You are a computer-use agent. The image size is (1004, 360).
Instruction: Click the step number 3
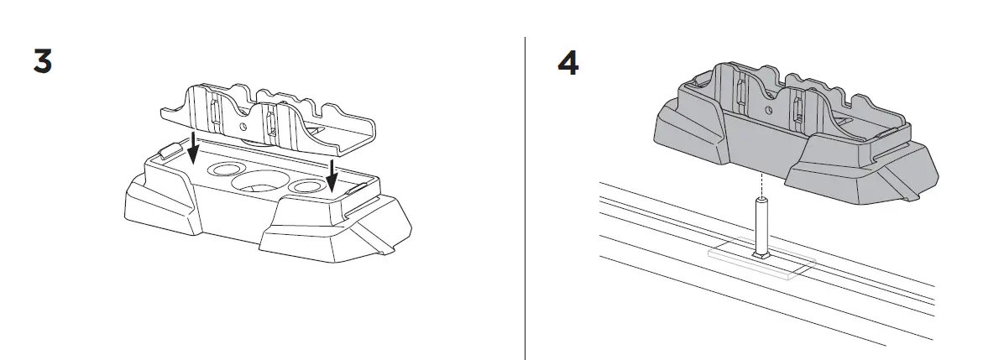coord(43,62)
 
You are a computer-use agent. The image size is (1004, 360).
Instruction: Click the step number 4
coord(567,64)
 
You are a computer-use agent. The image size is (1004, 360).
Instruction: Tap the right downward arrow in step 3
coord(333,177)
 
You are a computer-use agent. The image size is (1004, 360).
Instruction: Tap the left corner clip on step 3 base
coord(169,151)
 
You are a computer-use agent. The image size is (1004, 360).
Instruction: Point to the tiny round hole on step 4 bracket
coord(766,109)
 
